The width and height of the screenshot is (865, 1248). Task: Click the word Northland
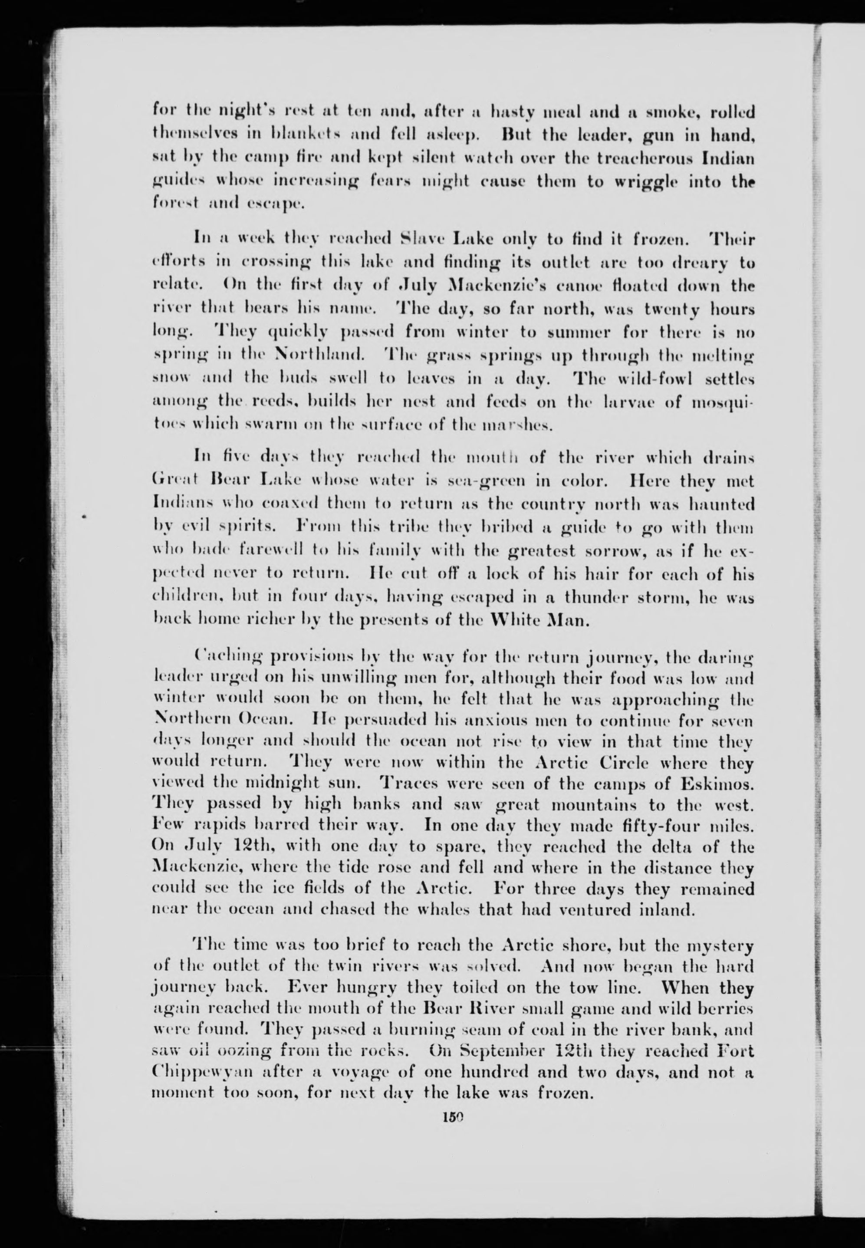pyautogui.click(x=321, y=356)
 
